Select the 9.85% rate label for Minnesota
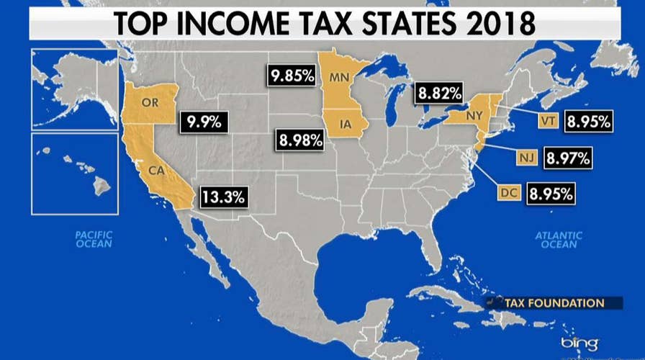[x=292, y=75]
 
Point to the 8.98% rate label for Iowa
[x=298, y=140]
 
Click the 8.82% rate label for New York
[x=437, y=94]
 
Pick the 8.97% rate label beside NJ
[x=569, y=157]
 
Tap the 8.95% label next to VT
[x=588, y=122]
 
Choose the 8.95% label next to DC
[x=551, y=193]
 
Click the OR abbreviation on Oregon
[x=150, y=102]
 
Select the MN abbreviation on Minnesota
[x=338, y=76]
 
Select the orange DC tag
[x=509, y=193]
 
